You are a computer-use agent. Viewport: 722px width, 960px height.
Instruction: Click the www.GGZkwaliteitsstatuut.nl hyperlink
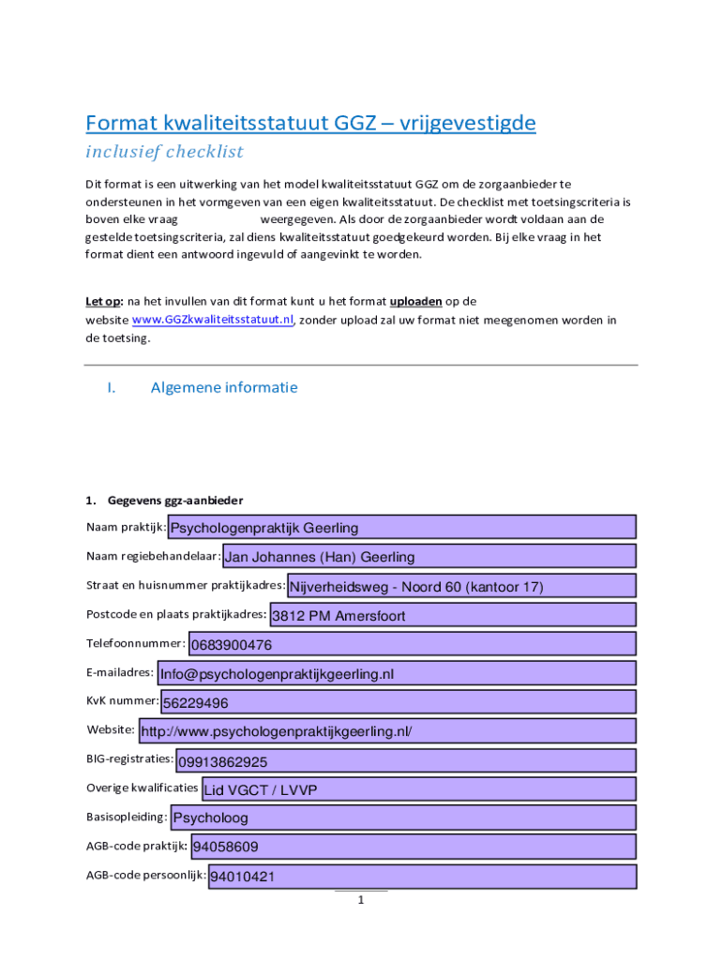213,320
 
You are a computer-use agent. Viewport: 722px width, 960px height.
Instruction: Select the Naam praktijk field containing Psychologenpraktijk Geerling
401,527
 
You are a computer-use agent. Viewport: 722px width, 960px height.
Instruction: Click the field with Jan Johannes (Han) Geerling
429,556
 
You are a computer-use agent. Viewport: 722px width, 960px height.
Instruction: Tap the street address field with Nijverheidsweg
461,586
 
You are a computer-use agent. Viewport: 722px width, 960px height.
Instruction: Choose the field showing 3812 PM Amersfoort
452,615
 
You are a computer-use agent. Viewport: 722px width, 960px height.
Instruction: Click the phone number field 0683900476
413,644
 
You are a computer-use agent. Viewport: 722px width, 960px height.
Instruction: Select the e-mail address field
397,673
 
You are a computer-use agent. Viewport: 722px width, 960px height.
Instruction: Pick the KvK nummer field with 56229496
399,702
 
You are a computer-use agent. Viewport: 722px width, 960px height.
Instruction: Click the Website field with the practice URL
386,731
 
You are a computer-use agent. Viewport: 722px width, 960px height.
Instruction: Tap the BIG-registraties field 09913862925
406,760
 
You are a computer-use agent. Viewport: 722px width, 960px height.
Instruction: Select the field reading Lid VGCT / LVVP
418,789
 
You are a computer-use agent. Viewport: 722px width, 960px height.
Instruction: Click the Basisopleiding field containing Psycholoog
403,817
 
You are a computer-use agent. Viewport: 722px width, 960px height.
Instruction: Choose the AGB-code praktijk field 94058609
413,847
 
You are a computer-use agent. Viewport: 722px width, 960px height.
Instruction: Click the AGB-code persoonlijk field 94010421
422,877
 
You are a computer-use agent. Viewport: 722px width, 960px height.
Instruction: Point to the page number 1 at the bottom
360,901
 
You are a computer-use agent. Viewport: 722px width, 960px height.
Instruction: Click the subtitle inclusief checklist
164,152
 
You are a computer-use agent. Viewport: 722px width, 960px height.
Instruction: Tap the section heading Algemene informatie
224,387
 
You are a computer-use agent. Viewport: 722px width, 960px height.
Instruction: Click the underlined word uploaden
416,301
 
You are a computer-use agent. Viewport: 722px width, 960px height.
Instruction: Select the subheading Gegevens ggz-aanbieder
175,500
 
